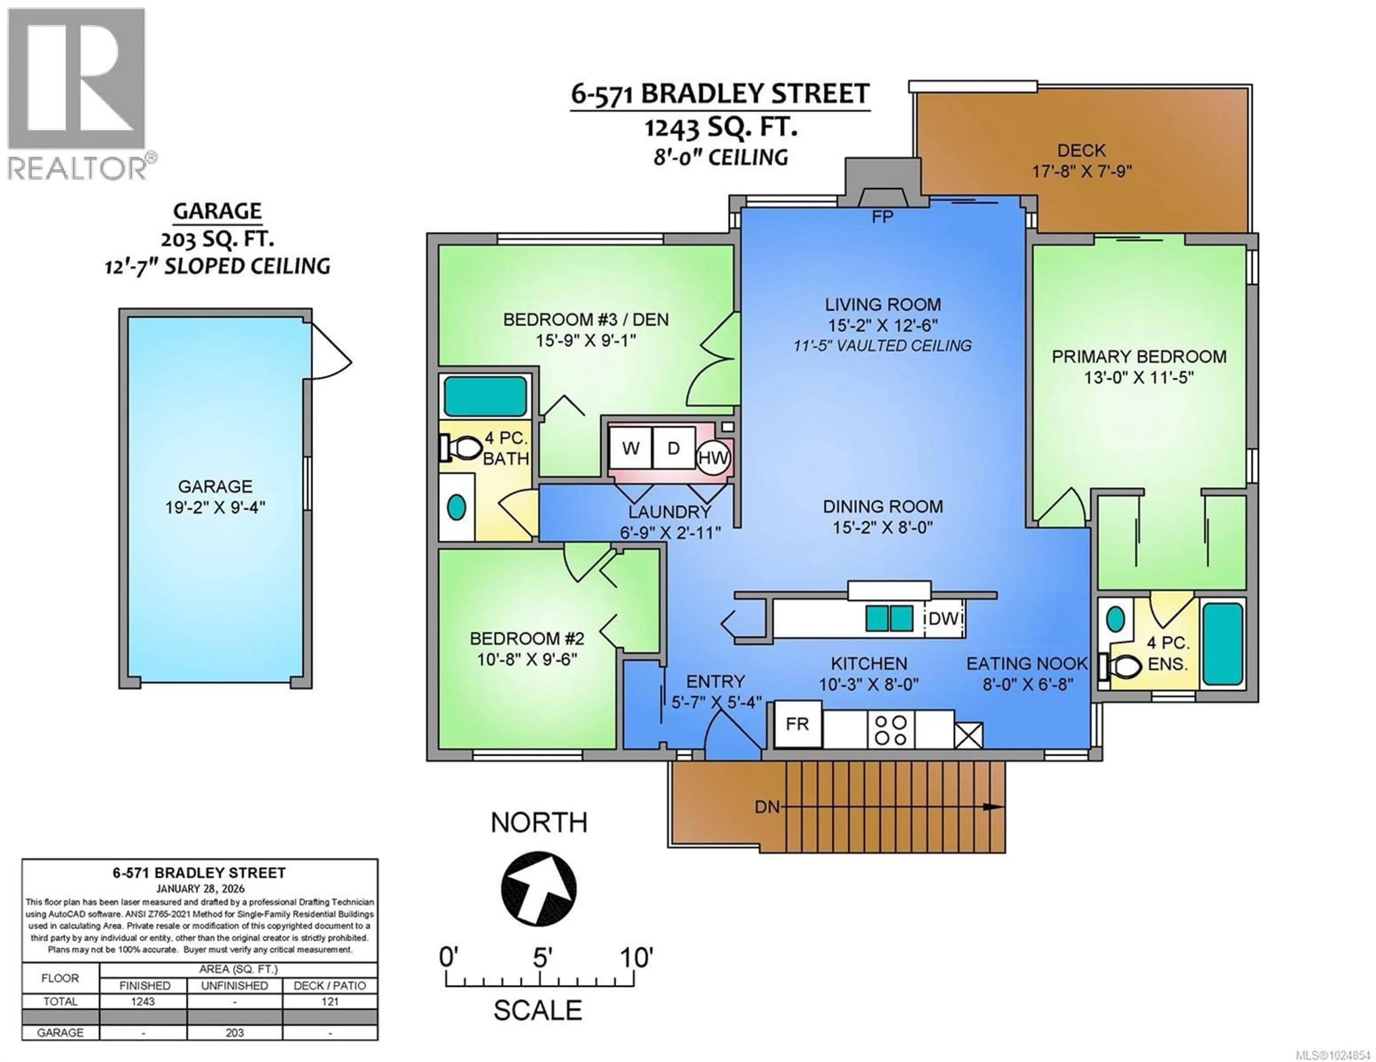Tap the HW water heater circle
pos(713,458)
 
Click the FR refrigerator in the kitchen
pos(797,724)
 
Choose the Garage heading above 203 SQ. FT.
pos(218,211)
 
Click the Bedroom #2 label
pos(527,639)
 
